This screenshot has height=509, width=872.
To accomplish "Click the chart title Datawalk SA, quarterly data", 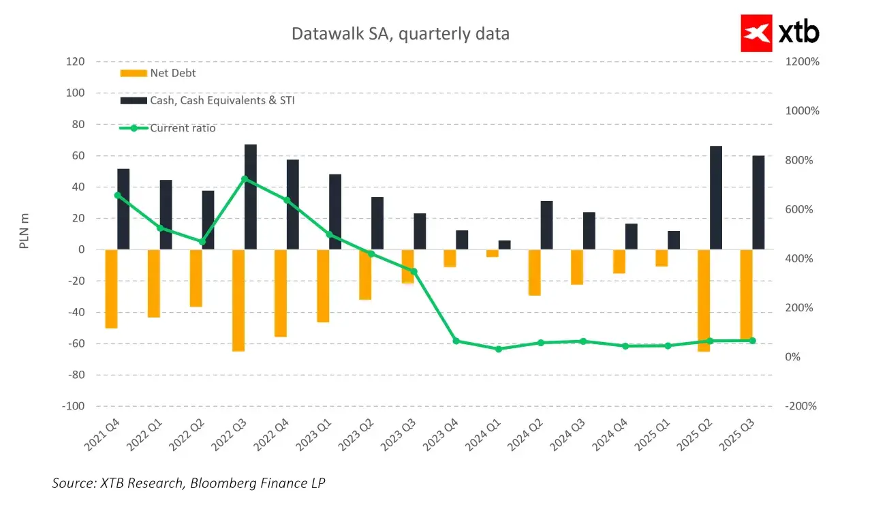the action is tap(400, 34).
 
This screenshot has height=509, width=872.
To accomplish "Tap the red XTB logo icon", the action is tap(756, 33).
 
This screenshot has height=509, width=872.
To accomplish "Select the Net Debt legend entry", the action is tap(158, 73).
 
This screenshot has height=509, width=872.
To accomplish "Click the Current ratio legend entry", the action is tap(168, 128).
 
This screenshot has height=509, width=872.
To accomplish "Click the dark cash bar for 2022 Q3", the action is tap(251, 197).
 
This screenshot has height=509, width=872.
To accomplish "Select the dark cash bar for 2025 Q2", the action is tap(716, 198).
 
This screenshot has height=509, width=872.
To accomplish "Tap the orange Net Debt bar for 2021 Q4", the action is tap(111, 289).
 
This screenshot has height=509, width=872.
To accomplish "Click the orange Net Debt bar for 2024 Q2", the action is tap(535, 273).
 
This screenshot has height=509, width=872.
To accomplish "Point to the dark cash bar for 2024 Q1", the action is tap(505, 245).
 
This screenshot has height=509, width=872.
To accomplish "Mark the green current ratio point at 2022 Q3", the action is tap(245, 179).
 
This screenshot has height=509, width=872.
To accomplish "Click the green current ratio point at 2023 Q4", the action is tap(456, 341).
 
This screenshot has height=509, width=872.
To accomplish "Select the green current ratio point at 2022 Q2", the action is tap(202, 242).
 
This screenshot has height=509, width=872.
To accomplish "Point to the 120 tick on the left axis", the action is tap(76, 61).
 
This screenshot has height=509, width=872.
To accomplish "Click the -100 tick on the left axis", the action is tap(74, 406).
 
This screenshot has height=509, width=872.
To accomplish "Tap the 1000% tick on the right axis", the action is tap(803, 111).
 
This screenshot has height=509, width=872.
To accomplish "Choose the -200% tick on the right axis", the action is tap(800, 406).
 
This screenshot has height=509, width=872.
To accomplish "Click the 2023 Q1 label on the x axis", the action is tap(314, 435).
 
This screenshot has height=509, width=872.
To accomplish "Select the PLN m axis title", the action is tap(24, 231).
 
